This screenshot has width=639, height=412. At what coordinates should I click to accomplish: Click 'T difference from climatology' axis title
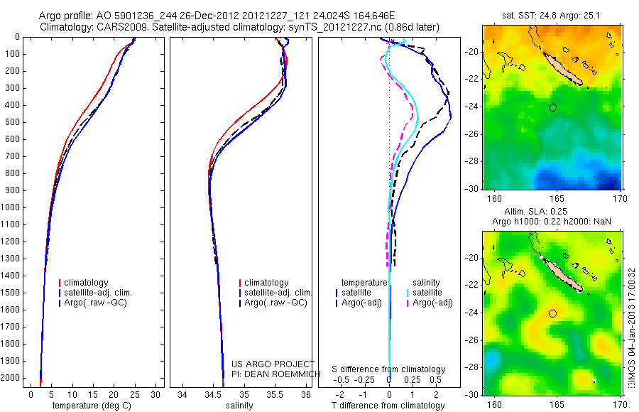click(388, 406)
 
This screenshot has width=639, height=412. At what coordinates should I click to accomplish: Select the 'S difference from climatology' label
click(389, 369)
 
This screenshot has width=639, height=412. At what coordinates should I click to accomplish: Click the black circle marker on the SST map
click(552, 107)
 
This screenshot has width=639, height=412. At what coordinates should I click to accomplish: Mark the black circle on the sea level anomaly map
click(552, 313)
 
